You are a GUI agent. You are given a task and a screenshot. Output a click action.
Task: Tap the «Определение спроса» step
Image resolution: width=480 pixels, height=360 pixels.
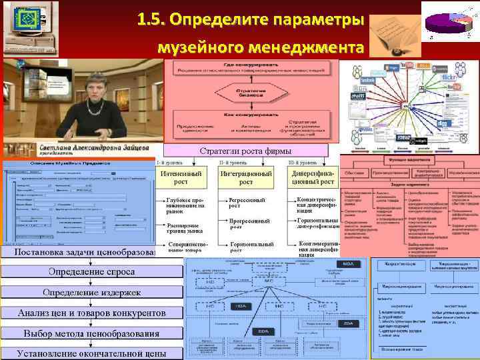pyautogui.click(x=91, y=272)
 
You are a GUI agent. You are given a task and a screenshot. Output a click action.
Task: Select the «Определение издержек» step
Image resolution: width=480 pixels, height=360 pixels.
pyautogui.click(x=91, y=293)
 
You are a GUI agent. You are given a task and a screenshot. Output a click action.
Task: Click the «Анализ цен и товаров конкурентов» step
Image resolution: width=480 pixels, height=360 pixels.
pyautogui.click(x=91, y=313)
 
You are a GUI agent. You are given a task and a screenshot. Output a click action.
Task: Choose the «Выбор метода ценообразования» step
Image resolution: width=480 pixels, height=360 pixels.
pyautogui.click(x=91, y=333)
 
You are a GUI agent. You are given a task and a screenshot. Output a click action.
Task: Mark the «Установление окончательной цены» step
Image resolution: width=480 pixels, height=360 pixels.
pyautogui.click(x=91, y=353)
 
